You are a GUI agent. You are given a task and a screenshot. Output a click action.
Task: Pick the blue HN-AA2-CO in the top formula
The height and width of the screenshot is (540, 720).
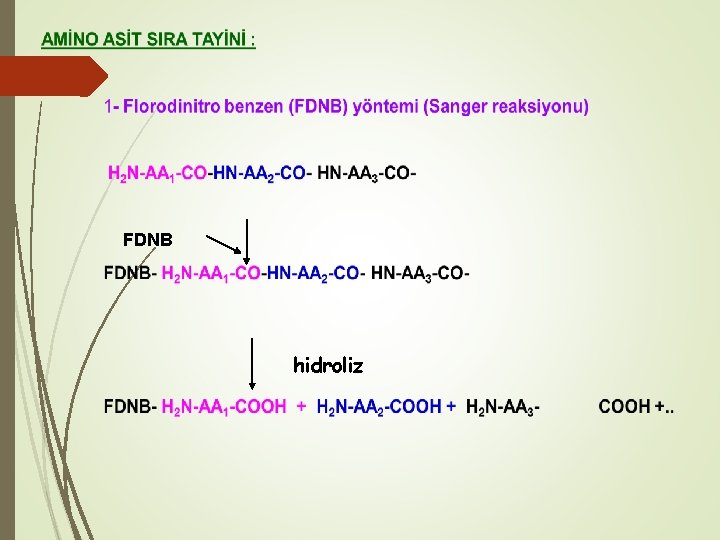[x=259, y=174]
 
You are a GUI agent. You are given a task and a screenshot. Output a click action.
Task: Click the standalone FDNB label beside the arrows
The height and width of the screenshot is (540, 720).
[x=147, y=240]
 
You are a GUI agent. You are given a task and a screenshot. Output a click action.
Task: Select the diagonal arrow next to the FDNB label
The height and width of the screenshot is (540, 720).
[x=224, y=245]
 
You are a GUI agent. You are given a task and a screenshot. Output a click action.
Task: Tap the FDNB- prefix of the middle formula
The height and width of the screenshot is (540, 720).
[x=129, y=273]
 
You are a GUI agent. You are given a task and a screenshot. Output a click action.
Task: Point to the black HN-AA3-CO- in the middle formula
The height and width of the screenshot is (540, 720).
[x=419, y=273]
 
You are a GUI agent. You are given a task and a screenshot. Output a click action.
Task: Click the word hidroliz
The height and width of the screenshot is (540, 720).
[x=328, y=365]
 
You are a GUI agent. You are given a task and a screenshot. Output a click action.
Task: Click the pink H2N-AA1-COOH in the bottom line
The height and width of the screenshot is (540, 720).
[x=224, y=407]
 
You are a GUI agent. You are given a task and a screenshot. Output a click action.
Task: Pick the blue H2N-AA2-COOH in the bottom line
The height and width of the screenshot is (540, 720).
[x=379, y=407]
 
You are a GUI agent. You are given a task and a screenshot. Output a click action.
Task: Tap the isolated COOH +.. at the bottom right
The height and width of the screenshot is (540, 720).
[x=636, y=407]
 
